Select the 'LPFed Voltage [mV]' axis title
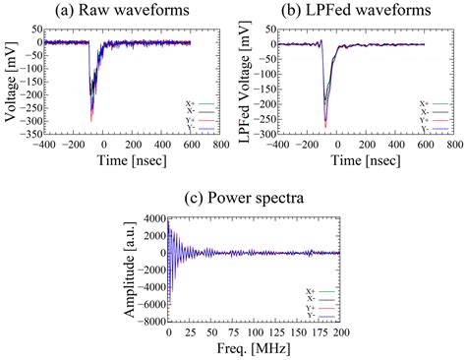click(x=245, y=87)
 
